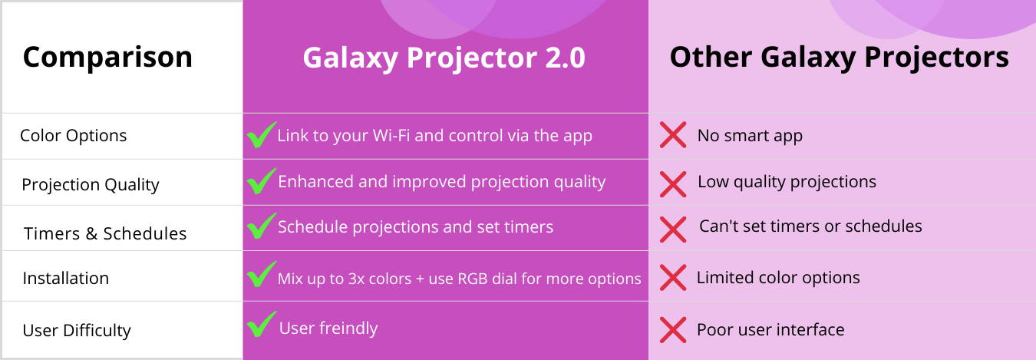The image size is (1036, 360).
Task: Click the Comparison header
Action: (107, 58)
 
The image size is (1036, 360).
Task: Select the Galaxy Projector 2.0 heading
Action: (444, 58)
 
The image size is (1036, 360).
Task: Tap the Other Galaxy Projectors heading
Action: (839, 58)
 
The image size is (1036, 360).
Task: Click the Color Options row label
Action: (73, 136)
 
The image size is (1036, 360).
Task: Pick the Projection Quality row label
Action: (91, 185)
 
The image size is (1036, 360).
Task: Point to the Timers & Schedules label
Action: (105, 233)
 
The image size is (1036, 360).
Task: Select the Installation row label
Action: (66, 278)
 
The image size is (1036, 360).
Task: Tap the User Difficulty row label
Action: (76, 330)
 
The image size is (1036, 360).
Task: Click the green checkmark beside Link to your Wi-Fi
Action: (262, 134)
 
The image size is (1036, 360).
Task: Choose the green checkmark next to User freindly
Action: (262, 324)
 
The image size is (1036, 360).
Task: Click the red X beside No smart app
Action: (673, 134)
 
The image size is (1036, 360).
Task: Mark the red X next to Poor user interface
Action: (673, 329)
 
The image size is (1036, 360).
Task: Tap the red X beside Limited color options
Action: (673, 277)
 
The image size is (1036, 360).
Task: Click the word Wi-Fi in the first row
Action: (391, 135)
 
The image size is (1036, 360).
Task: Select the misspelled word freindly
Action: (348, 328)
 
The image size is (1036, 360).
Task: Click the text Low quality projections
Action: (787, 182)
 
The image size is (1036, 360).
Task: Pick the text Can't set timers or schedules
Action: (810, 226)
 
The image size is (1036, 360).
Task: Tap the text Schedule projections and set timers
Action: (415, 226)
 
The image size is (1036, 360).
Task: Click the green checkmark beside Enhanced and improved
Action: (262, 181)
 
